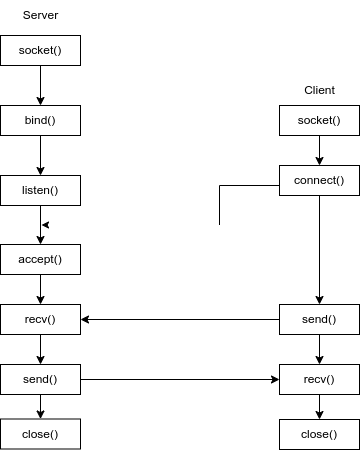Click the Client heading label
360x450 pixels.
pos(319,90)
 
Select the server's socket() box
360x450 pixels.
pos(40,50)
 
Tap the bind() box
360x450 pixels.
pos(40,120)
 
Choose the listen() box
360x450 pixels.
pos(40,190)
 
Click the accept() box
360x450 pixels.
pos(40,259)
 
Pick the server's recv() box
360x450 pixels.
pos(40,320)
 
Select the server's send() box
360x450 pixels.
pos(40,379)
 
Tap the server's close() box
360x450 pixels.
pos(40,434)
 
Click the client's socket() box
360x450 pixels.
pos(319,121)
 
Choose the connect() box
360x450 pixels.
pos(319,181)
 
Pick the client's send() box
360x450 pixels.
pos(319,320)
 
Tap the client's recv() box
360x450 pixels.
pos(319,379)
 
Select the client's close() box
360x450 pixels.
pos(319,434)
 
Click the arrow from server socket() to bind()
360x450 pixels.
pos(40,85)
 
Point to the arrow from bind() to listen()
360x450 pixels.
pos(40,155)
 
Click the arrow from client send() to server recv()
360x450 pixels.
pos(180,320)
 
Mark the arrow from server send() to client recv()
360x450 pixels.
pos(180,379)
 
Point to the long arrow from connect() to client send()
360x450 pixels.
pos(319,249)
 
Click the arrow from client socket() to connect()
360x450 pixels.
pos(319,151)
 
